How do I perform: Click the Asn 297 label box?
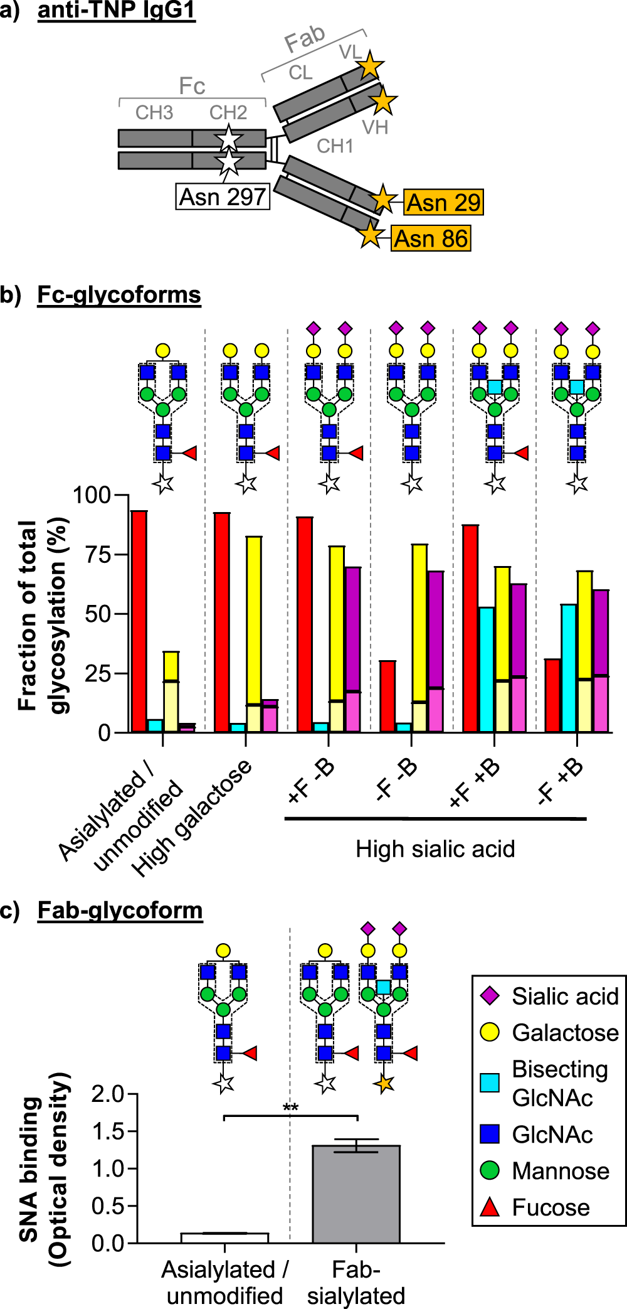click(223, 196)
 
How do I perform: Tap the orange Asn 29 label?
click(443, 202)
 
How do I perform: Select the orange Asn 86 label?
click(431, 238)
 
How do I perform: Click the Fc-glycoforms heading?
click(119, 294)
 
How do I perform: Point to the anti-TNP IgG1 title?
click(117, 11)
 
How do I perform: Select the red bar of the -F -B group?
click(387, 697)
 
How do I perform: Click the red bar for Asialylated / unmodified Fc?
click(139, 621)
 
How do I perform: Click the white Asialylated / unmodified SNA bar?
click(224, 1237)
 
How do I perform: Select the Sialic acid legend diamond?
click(490, 995)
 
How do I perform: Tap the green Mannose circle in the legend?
click(490, 1170)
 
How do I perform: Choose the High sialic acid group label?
click(435, 849)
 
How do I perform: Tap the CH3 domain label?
click(154, 113)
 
